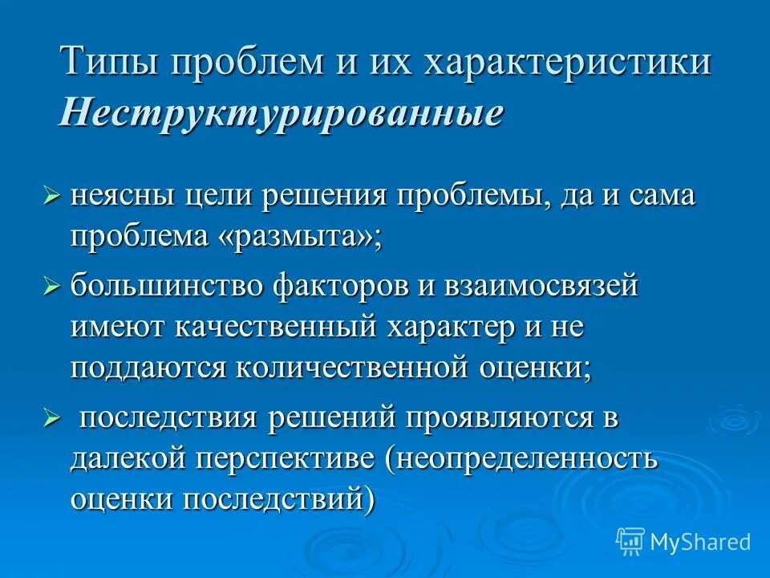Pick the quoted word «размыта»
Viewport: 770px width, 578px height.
pyautogui.click(x=306, y=238)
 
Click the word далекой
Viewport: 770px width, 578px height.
pyautogui.click(x=124, y=459)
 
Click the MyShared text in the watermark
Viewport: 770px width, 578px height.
pyautogui.click(x=700, y=542)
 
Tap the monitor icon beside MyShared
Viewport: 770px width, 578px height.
pyautogui.click(x=630, y=542)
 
